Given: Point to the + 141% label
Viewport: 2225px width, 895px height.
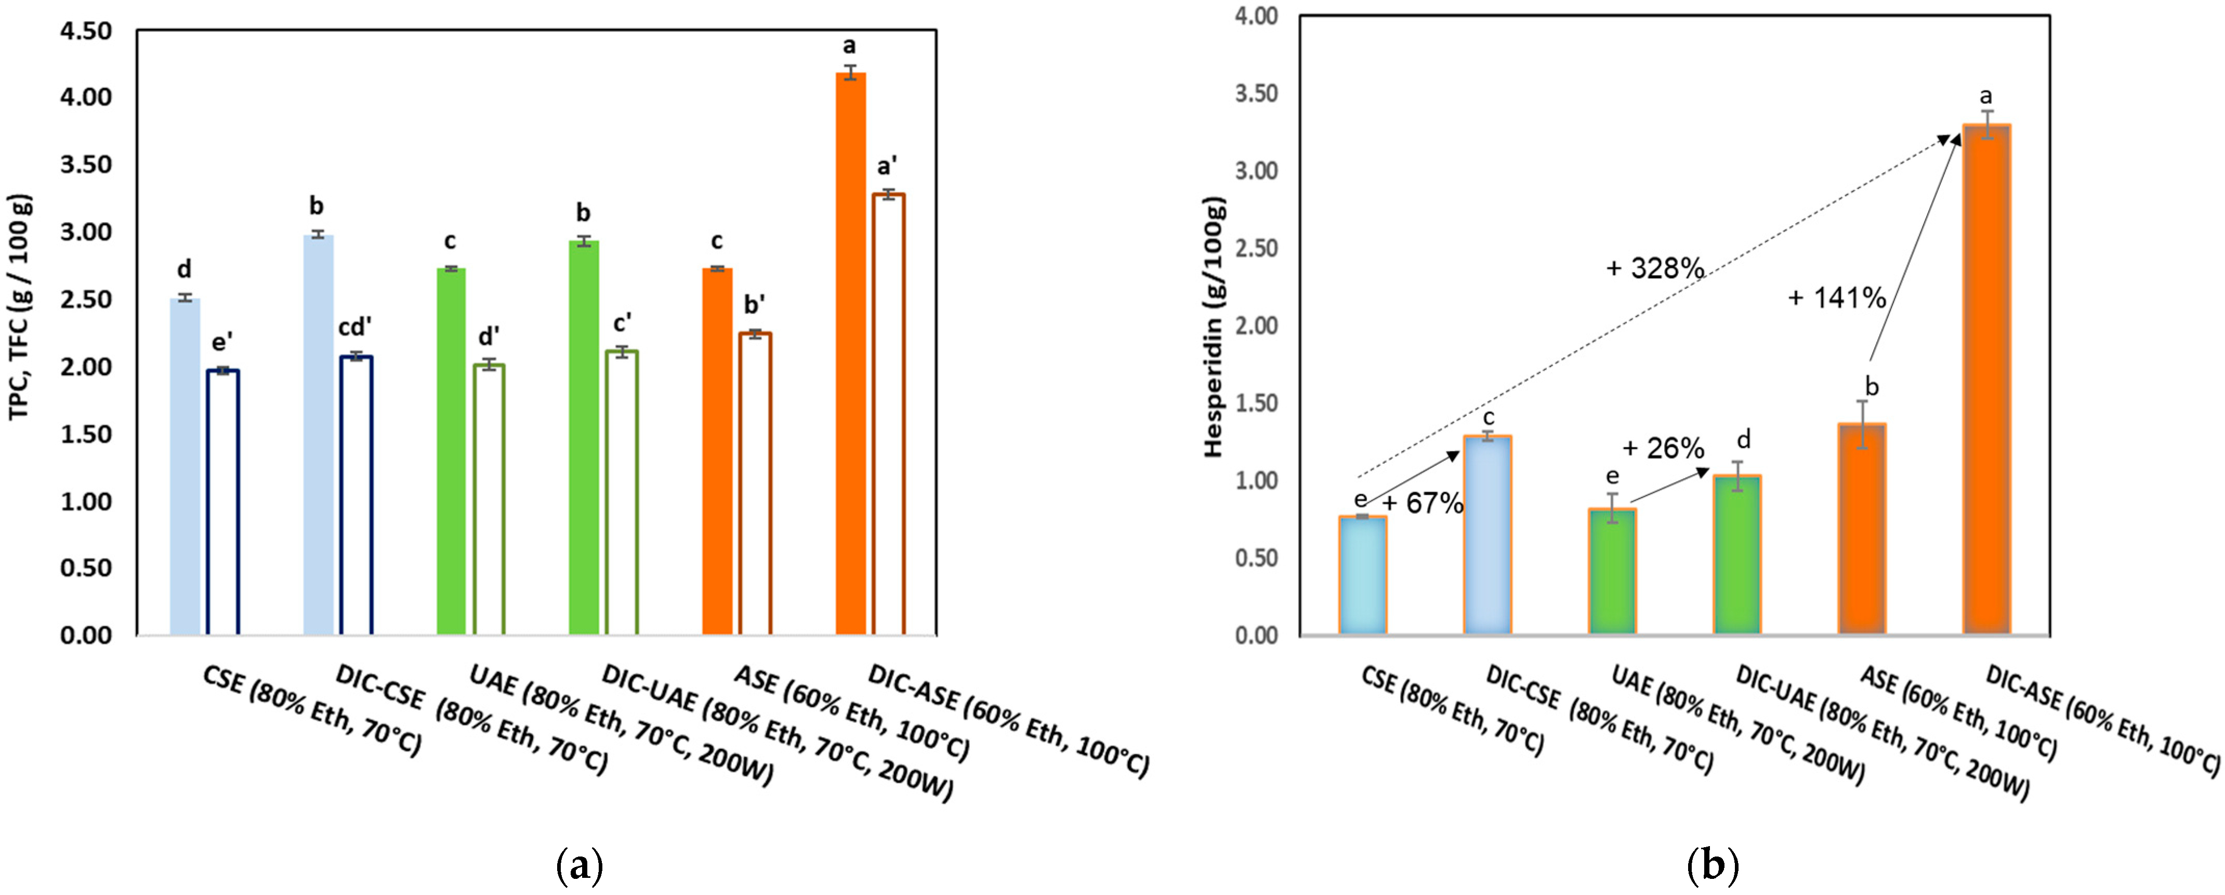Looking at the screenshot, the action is pyautogui.click(x=1836, y=298).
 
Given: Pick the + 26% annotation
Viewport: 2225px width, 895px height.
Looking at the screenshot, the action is pyautogui.click(x=1663, y=448).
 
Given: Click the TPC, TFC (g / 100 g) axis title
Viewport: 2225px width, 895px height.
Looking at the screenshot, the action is pyautogui.click(x=21, y=307).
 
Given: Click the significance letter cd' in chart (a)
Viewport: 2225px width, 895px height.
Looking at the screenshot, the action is pyautogui.click(x=355, y=328).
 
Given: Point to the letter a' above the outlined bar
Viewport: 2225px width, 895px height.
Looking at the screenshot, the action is pyautogui.click(x=887, y=167).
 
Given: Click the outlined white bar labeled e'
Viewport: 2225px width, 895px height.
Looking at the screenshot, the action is pyautogui.click(x=223, y=503).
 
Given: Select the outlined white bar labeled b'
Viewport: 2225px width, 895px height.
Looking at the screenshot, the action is pyautogui.click(x=755, y=484).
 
